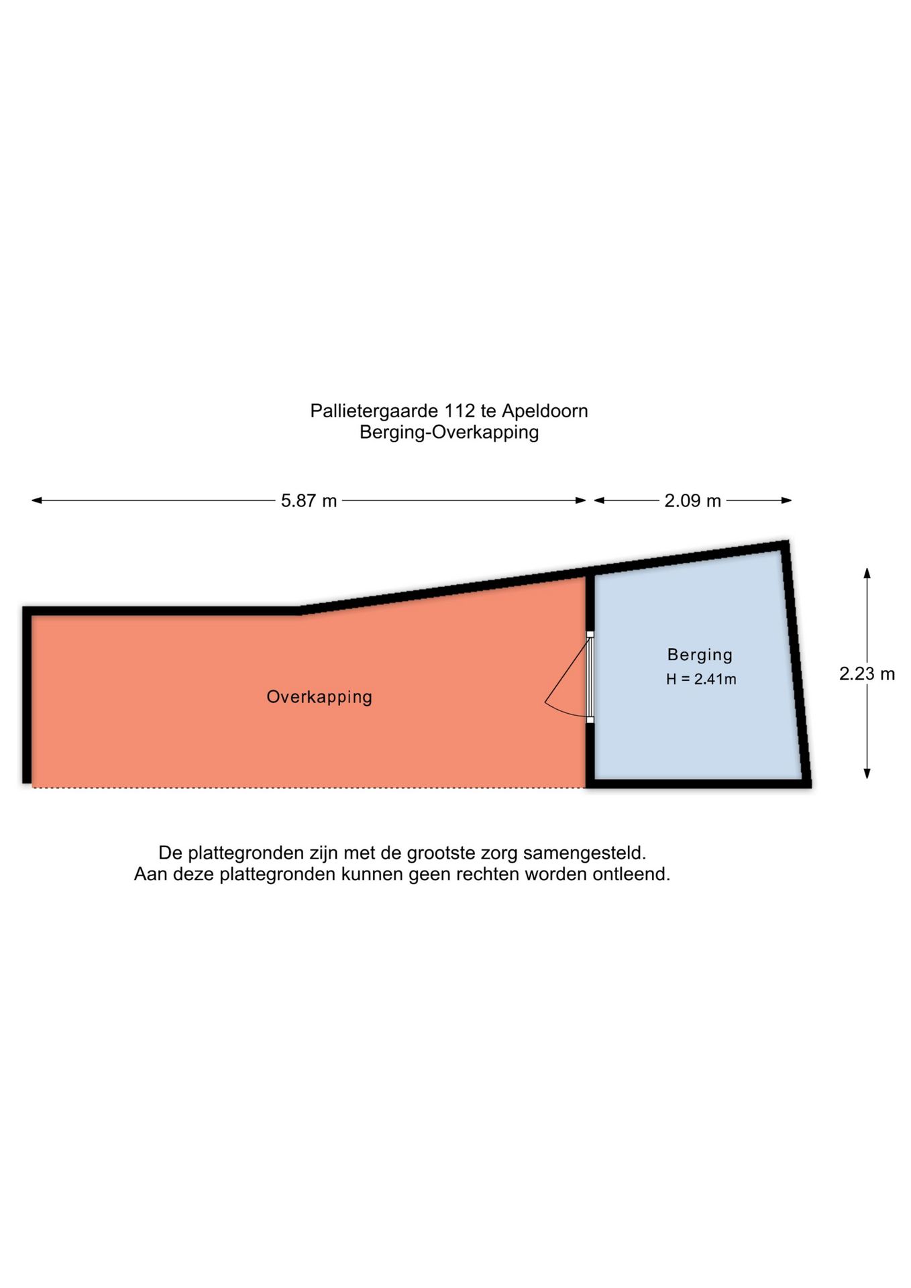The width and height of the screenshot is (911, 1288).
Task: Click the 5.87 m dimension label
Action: tap(309, 501)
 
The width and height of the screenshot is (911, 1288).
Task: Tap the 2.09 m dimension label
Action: tap(692, 501)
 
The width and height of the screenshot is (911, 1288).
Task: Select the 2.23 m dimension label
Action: tap(867, 674)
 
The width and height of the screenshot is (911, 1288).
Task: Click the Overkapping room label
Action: tap(319, 697)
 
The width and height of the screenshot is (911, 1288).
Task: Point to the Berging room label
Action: tap(700, 655)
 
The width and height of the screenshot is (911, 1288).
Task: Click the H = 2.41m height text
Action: tap(701, 679)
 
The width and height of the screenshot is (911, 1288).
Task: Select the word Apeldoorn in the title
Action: tap(545, 411)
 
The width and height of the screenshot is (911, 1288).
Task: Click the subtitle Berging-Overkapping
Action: tap(449, 433)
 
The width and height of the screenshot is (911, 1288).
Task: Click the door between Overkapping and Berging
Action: tap(590, 677)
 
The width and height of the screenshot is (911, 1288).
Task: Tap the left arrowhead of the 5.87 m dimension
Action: tap(37, 500)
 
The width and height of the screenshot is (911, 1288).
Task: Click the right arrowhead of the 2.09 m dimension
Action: tap(787, 500)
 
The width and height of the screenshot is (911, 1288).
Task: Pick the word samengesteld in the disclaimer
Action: tap(584, 854)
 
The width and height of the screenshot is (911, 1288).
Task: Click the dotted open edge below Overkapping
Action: tap(309, 788)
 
